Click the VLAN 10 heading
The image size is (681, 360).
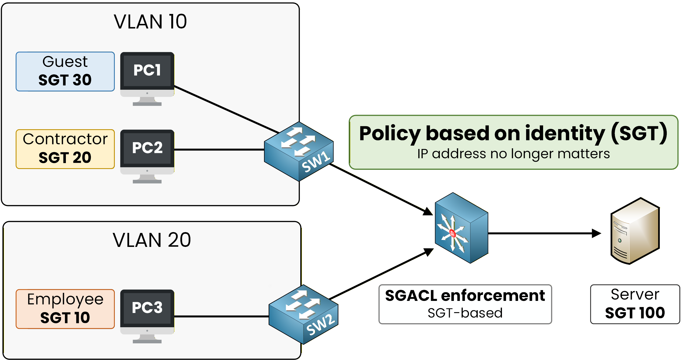pyautogui.click(x=150, y=22)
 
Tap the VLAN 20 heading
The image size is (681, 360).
pyautogui.click(x=152, y=240)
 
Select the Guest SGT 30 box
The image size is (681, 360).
pyautogui.click(x=65, y=71)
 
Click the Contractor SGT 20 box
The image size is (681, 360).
pyautogui.click(x=65, y=149)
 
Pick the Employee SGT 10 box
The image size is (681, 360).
pyautogui.click(x=65, y=309)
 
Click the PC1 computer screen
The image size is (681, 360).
pyautogui.click(x=147, y=71)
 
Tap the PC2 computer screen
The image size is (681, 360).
pyautogui.click(x=147, y=148)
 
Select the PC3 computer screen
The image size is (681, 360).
pyautogui.click(x=147, y=308)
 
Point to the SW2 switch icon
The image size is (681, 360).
pyautogui.click(x=303, y=314)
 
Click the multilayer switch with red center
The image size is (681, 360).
pyautogui.click(x=461, y=228)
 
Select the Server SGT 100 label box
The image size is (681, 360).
pyautogui.click(x=635, y=304)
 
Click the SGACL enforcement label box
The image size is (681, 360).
pyautogui.click(x=465, y=304)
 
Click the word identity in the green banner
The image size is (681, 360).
pyautogui.click(x=565, y=134)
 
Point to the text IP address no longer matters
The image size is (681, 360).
pyautogui.click(x=513, y=154)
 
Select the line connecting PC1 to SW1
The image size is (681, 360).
pyautogui.click(x=226, y=109)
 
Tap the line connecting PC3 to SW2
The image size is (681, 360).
pyautogui.click(x=220, y=316)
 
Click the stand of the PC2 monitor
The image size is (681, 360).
pyautogui.click(x=147, y=179)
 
